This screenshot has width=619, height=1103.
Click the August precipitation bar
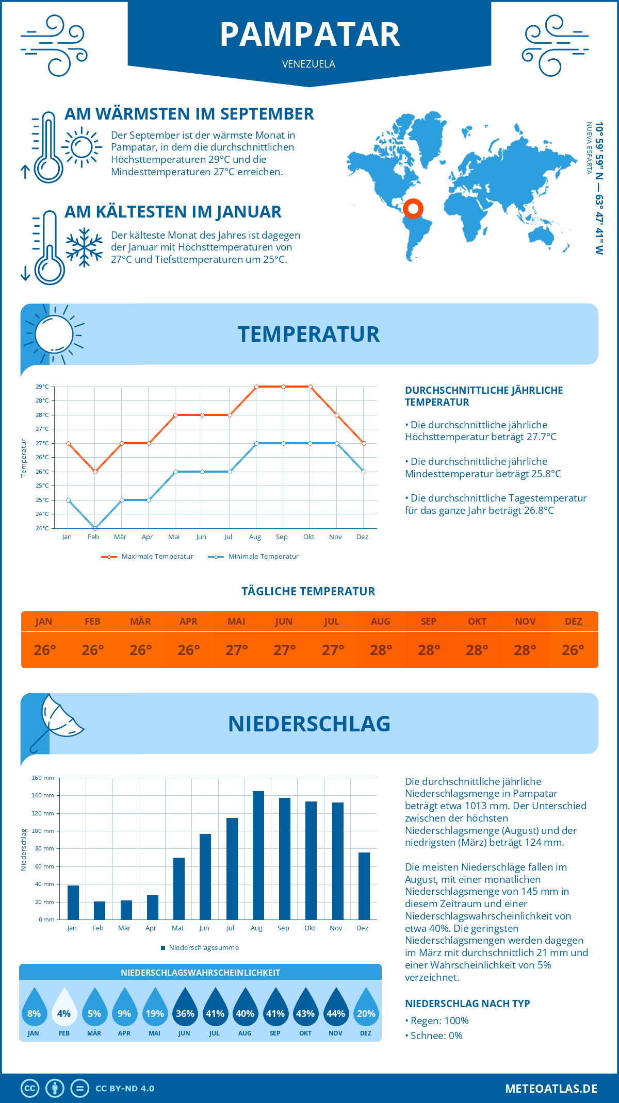tap(258, 856)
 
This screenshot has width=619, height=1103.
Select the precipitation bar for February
tap(100, 910)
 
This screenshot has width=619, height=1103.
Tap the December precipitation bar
tap(364, 886)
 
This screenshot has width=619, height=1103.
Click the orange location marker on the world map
tap(413, 209)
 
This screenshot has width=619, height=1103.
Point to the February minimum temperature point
tap(95, 528)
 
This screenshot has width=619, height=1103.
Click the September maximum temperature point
tap(283, 387)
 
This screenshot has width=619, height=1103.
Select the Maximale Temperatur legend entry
tap(148, 557)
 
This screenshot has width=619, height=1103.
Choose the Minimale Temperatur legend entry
tap(254, 557)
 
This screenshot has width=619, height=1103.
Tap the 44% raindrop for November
tap(336, 1008)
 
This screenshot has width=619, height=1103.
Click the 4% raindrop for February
tap(64, 1008)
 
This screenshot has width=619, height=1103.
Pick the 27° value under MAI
tap(237, 650)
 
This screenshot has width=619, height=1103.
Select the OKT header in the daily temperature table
tap(477, 622)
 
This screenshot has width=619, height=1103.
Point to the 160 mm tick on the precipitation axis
tap(43, 778)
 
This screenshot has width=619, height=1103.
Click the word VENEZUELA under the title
tap(308, 64)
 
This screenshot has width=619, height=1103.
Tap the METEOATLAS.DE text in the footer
tap(551, 1089)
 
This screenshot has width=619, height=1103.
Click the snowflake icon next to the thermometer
tap(84, 247)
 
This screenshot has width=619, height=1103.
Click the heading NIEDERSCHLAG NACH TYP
tap(467, 1004)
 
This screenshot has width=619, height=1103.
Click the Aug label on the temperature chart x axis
tap(255, 537)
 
